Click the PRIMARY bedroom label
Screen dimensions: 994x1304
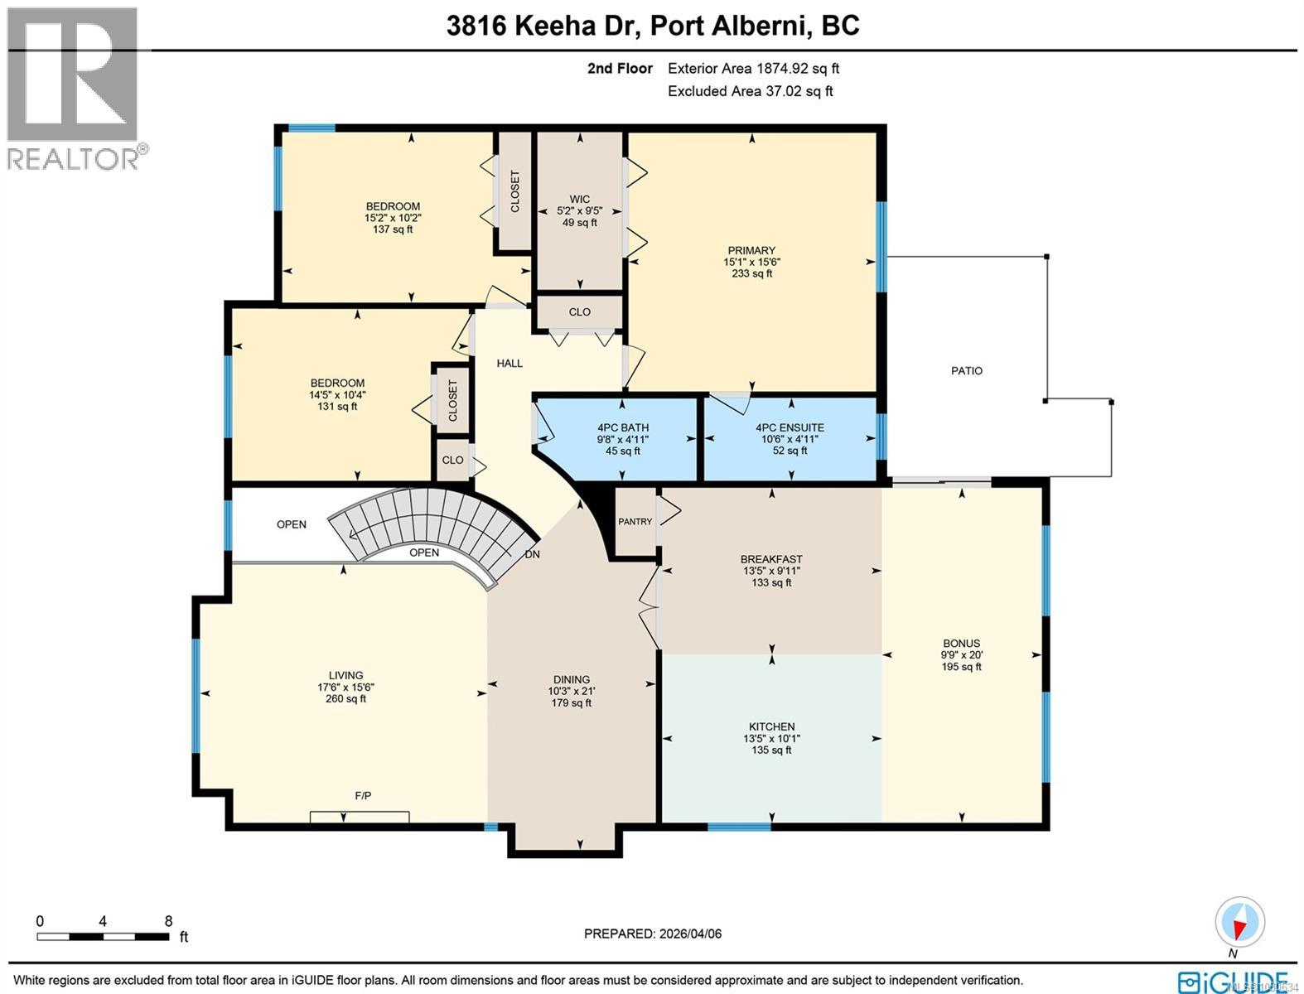point(751,250)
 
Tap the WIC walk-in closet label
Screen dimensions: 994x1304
point(579,199)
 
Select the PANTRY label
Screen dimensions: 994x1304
point(635,522)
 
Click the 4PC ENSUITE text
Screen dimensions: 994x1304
point(790,427)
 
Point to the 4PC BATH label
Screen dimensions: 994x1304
point(623,427)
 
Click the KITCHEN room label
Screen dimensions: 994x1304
point(771,726)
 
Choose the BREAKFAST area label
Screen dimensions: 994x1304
point(771,559)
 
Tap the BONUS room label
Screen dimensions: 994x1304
point(961,643)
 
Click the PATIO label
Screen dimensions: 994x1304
point(966,371)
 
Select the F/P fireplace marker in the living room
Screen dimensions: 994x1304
point(363,796)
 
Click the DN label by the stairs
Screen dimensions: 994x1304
point(532,554)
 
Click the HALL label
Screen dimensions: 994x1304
point(510,363)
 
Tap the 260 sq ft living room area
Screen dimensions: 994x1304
point(345,699)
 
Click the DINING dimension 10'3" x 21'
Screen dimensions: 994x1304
point(571,691)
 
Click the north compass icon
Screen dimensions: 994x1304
point(1239,921)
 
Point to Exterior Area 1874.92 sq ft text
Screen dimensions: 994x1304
point(753,69)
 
